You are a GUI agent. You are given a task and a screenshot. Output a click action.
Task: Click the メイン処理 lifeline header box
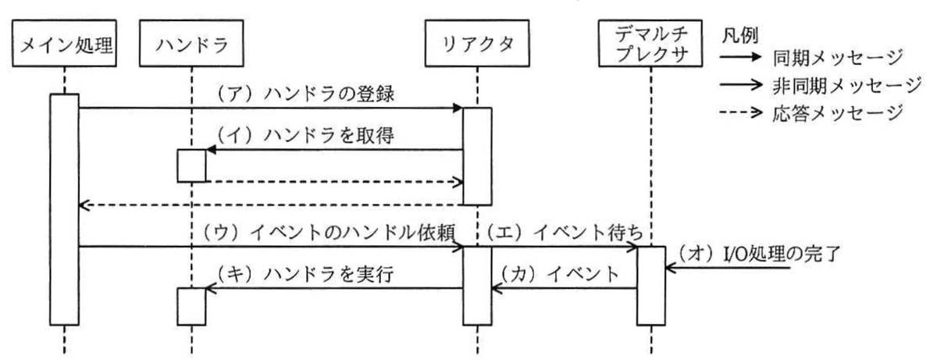(64, 43)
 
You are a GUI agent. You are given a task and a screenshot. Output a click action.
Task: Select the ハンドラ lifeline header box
(191, 43)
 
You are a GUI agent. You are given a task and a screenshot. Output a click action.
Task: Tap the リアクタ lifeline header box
(477, 43)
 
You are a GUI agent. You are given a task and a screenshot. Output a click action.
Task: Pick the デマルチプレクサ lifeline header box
(650, 43)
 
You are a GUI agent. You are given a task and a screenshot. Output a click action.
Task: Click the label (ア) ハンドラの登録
(305, 94)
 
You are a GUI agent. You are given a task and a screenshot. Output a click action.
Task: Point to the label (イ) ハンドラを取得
(305, 135)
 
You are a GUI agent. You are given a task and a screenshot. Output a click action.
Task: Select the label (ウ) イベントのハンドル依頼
(329, 233)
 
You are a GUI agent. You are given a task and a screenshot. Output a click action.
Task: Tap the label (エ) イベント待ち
(565, 233)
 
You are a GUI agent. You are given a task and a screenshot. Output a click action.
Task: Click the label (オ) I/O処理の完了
(758, 254)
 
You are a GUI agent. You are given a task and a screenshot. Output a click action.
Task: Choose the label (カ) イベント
(560, 274)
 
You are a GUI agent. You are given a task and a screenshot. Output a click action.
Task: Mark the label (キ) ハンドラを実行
(305, 274)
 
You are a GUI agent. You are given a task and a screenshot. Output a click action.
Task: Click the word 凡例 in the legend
(740, 36)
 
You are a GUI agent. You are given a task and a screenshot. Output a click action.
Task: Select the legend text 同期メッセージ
(837, 57)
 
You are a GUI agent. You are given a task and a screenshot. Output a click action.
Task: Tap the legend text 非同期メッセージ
(846, 85)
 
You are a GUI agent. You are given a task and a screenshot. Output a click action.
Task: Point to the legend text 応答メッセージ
(837, 113)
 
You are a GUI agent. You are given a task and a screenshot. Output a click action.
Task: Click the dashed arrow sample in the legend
(741, 112)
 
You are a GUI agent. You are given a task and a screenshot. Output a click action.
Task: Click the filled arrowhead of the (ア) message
(458, 108)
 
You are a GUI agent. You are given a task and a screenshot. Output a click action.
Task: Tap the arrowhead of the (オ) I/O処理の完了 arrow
(671, 267)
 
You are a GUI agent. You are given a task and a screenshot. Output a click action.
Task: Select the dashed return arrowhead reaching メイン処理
(84, 205)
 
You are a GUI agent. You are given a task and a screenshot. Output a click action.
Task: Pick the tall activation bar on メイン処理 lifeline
(64, 209)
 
